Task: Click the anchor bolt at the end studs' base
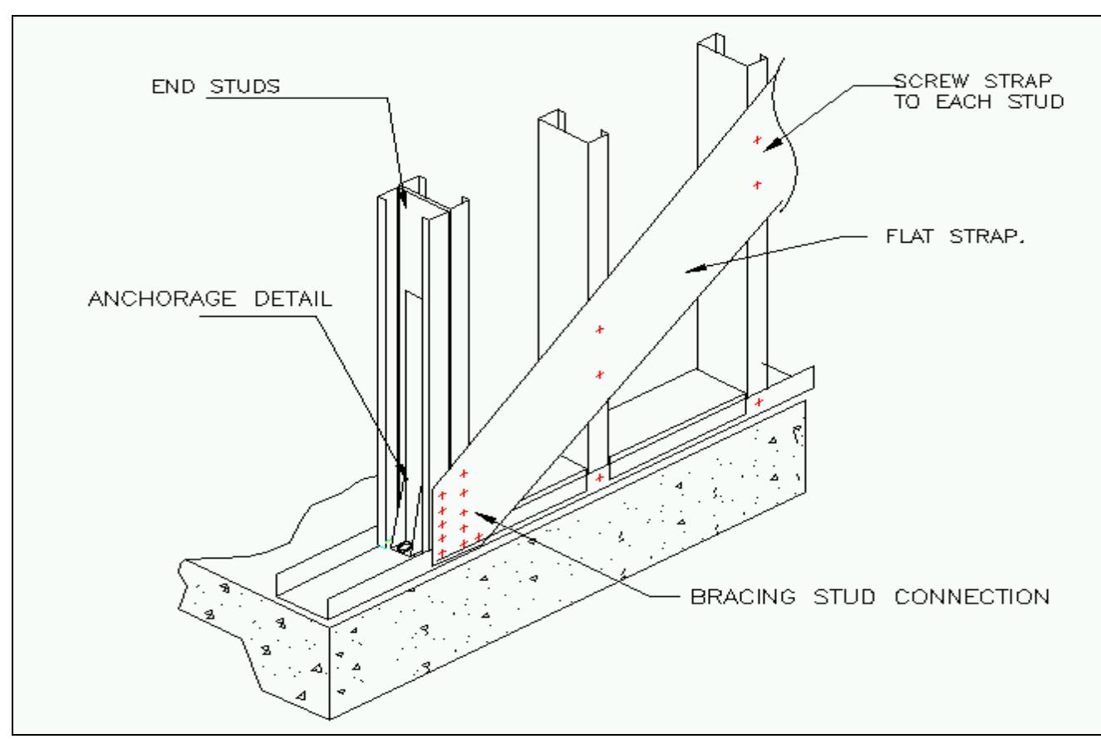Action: [x=405, y=548]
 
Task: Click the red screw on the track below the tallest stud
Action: [x=758, y=402]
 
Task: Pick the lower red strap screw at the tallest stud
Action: [x=757, y=185]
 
